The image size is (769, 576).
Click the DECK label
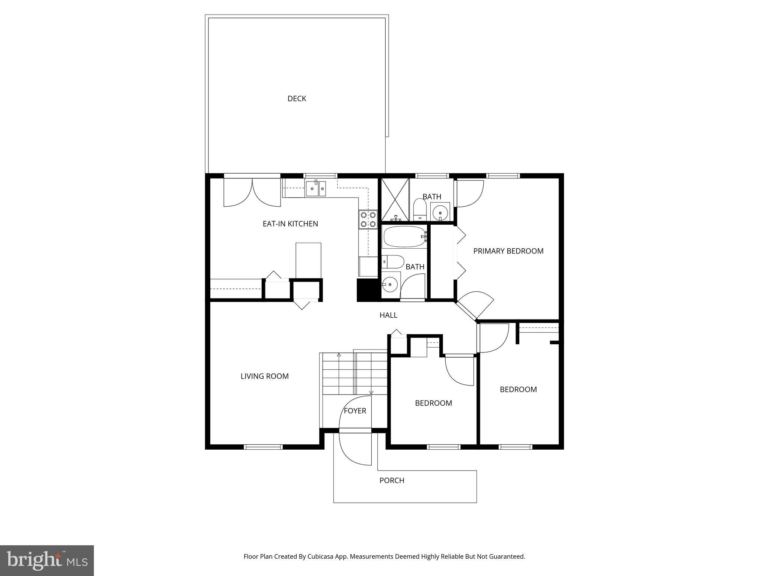point(297,99)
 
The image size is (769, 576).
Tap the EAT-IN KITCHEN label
point(290,224)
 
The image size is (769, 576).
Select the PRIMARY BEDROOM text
point(508,251)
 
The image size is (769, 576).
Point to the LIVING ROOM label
point(264,376)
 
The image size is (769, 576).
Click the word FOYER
point(355,411)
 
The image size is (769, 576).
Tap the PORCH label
point(392,480)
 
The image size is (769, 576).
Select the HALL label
point(388,315)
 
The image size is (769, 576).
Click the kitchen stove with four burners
point(368,220)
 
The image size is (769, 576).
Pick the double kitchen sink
point(316,189)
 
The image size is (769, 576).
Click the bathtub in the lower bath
point(404,237)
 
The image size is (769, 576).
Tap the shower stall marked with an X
point(395,199)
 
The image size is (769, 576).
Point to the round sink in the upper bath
point(440,213)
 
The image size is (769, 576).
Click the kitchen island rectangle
point(308,261)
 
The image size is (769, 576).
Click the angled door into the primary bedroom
point(474,306)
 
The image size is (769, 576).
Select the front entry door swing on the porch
point(354,449)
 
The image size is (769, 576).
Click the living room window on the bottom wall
point(263,447)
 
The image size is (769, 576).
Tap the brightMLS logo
point(47,560)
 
